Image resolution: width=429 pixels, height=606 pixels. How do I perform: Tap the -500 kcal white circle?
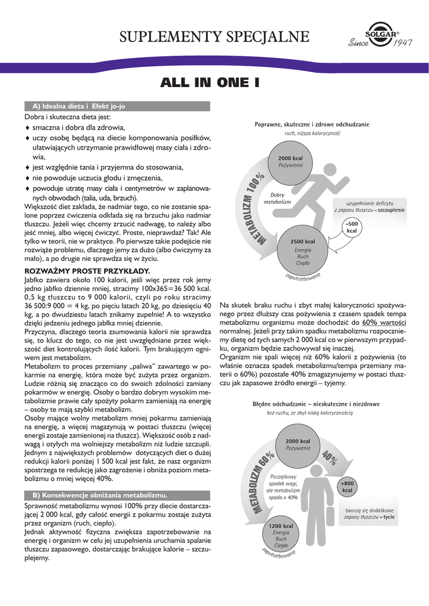[x=352, y=227]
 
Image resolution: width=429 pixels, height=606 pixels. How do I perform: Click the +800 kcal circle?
[x=347, y=487]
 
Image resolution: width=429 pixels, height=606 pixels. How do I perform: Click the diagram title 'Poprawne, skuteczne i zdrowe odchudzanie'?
[x=312, y=124]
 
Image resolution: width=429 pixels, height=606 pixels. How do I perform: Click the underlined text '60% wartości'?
[x=384, y=323]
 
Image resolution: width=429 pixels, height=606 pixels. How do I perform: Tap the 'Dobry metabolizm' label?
[x=277, y=198]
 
